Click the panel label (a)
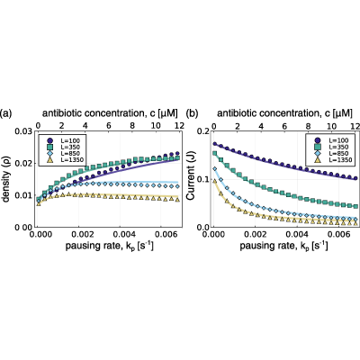tap(6, 113)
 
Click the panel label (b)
tap(193, 113)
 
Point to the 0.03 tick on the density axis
tap(23, 131)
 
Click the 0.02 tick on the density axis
tap(23, 164)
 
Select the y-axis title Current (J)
tap(191, 180)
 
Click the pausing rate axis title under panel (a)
tap(109, 246)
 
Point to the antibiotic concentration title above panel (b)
tap(284, 113)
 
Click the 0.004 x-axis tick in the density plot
tap(120, 234)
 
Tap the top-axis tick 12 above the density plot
tap(179, 125)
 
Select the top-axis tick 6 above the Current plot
tap(284, 125)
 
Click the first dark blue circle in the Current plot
tap(215, 144)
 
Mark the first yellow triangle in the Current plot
tap(215, 180)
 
